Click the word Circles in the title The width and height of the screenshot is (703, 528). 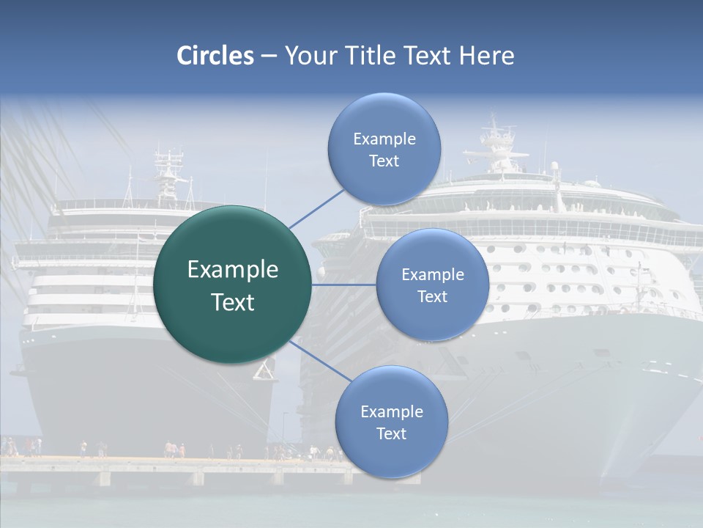pos(215,56)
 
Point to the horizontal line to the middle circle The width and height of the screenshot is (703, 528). pos(344,285)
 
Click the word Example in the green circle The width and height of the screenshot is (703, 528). pos(232,270)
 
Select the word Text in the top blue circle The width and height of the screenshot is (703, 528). pos(384,161)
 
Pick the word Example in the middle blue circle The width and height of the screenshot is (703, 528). pos(432,274)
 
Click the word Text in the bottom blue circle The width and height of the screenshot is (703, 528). pos(391,433)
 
